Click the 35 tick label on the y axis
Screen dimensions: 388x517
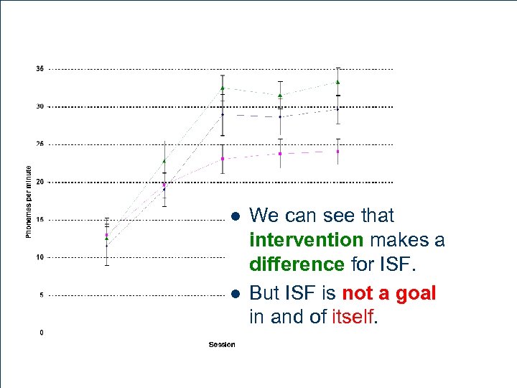coord(40,69)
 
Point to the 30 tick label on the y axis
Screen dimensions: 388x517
coord(40,106)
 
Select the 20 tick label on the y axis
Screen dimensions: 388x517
coord(40,182)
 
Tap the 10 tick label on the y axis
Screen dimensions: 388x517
coord(40,257)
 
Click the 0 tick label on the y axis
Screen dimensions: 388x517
coord(42,333)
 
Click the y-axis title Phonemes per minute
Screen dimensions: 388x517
coord(29,201)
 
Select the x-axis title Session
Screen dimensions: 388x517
coord(222,345)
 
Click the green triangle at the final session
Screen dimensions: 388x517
coord(337,82)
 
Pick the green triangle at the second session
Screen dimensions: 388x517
coord(164,161)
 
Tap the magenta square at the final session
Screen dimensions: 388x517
coord(337,152)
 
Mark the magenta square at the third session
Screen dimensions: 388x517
coord(223,159)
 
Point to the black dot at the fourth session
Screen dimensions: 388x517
coord(280,116)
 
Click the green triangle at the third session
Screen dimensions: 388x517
coord(223,88)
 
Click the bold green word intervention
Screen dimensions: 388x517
coord(306,239)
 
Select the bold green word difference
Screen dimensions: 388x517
coord(297,264)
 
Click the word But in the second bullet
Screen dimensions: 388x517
coord(264,293)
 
